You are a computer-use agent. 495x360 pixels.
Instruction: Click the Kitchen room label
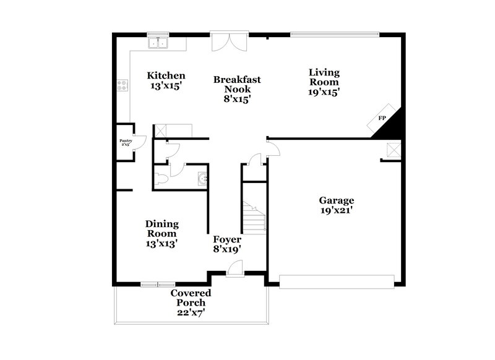coord(166,81)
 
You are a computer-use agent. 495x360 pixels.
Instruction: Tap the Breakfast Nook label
coord(237,88)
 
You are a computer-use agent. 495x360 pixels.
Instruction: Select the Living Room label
coord(324,82)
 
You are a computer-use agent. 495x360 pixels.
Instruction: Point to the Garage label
coord(336,205)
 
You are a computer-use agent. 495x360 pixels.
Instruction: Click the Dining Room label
coord(162,233)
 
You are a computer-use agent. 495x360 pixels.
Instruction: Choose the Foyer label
coord(227,244)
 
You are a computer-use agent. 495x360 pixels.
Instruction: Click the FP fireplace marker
coord(382,118)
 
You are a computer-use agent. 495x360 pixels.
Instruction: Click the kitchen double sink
coord(159,43)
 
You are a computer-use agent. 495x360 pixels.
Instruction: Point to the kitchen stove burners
coord(122,87)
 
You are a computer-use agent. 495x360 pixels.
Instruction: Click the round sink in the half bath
coord(202,179)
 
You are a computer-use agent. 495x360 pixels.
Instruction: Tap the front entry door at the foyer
coord(234,268)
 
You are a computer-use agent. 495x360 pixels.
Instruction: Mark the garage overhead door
coord(337,285)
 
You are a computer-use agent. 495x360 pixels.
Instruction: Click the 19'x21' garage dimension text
coord(336,210)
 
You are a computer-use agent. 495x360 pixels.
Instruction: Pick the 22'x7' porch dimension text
coord(191,312)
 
